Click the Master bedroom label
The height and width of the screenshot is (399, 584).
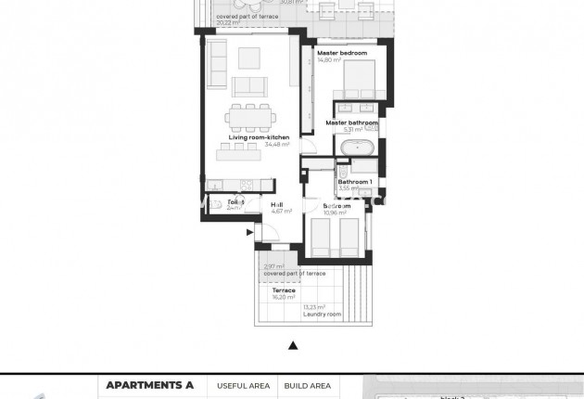(342, 54)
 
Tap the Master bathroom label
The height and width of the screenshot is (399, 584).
(351, 122)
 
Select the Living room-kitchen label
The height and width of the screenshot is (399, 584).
(260, 137)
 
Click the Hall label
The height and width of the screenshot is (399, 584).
(276, 205)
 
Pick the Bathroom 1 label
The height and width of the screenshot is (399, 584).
(355, 181)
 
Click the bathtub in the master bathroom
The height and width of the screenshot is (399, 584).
(357, 148)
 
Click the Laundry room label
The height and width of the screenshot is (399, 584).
(322, 315)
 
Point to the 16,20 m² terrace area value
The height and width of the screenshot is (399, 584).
(284, 298)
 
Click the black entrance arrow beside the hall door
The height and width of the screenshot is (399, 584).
(248, 233)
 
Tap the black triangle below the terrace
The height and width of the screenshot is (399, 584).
(293, 345)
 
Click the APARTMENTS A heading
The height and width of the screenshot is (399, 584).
(150, 385)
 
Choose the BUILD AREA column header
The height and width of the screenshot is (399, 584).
(307, 385)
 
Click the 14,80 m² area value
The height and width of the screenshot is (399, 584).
(330, 60)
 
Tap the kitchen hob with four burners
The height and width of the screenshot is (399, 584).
(247, 185)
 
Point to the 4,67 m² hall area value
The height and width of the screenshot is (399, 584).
(281, 212)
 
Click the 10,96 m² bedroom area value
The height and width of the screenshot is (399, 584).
(335, 212)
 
